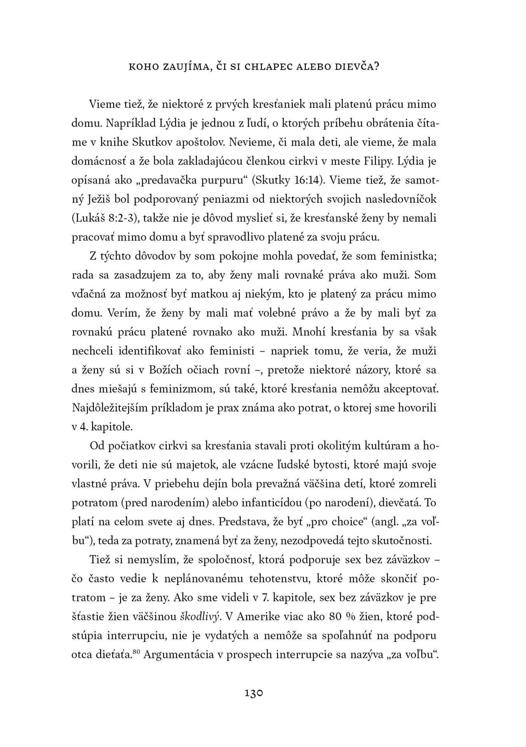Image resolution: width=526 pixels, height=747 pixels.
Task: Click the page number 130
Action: coord(254,693)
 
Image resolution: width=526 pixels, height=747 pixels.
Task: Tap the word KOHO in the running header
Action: coord(143,67)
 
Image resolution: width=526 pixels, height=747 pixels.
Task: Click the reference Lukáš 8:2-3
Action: coord(105,218)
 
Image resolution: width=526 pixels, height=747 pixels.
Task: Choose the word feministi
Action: coord(232,351)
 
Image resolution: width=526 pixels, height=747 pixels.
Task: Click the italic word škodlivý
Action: coord(199,617)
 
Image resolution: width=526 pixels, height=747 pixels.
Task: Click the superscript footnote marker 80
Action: coord(136,652)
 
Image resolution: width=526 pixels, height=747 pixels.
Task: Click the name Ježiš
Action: coord(103,199)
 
